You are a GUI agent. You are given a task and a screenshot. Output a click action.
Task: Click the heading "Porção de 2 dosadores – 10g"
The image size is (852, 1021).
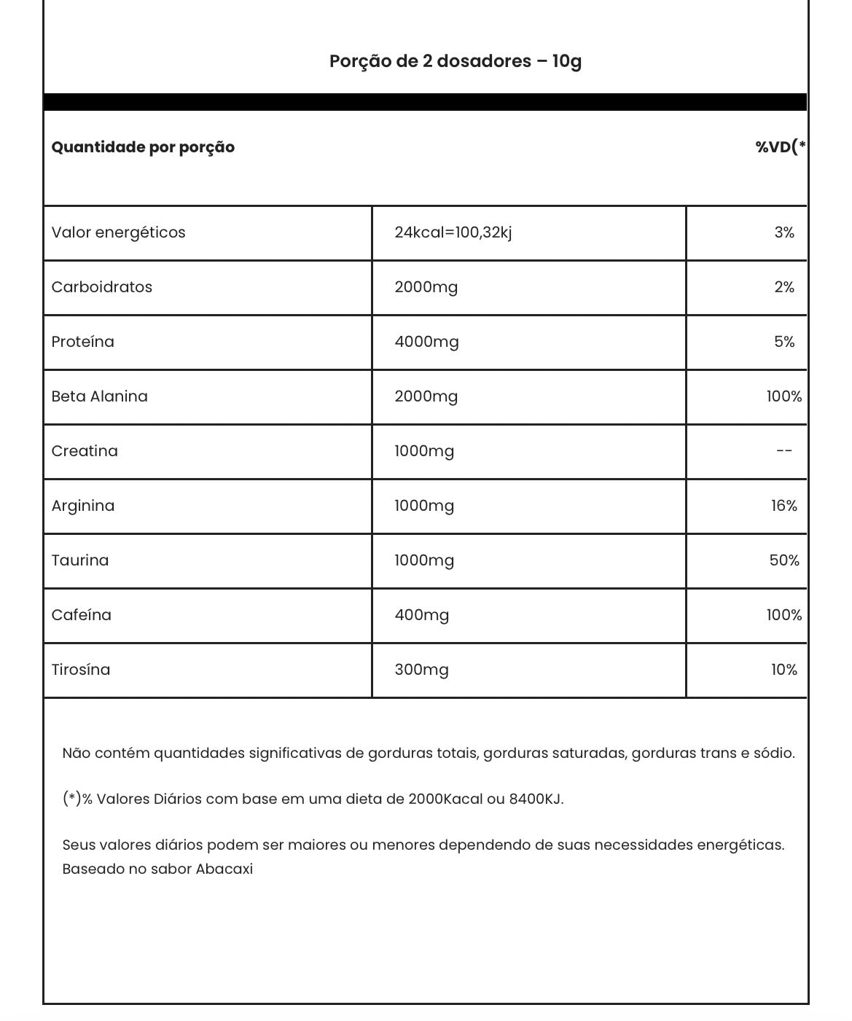tap(455, 61)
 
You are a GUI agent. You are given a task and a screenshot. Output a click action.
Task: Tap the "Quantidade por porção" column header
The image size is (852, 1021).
tap(143, 147)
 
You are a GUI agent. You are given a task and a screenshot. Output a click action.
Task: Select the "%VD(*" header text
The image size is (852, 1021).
tap(780, 147)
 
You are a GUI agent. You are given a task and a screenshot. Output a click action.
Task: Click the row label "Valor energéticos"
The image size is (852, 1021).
tap(118, 232)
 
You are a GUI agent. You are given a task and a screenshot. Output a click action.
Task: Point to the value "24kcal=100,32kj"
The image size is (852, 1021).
tap(453, 232)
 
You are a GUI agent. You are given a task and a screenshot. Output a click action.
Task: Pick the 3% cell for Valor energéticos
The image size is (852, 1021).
tap(784, 232)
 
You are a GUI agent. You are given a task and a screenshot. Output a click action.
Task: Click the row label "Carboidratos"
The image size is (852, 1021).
tap(101, 287)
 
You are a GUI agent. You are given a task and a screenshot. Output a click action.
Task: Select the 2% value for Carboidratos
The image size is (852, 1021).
tap(784, 287)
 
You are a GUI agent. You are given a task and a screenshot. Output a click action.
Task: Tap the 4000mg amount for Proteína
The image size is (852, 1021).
tap(426, 342)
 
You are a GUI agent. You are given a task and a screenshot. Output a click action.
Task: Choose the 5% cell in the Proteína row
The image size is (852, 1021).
tap(784, 342)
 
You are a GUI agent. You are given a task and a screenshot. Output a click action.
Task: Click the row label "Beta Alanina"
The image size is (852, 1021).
tap(99, 396)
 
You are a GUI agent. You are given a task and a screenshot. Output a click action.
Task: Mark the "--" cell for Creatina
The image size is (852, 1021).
tap(784, 451)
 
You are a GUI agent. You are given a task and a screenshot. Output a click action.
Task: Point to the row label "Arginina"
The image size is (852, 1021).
tap(82, 506)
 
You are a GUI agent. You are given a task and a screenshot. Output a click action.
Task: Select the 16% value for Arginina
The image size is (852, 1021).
tap(784, 506)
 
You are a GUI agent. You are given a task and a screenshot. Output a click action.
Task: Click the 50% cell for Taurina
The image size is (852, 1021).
tap(784, 560)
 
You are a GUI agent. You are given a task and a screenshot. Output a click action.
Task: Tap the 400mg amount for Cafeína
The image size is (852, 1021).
tap(421, 615)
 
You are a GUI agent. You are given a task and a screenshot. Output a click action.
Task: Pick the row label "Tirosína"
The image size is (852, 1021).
tap(80, 670)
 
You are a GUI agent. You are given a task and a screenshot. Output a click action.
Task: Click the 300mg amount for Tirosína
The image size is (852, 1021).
tap(421, 670)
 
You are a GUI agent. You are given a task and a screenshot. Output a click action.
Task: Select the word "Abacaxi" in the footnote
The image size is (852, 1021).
tap(224, 869)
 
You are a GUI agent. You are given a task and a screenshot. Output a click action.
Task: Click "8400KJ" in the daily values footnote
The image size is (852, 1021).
tap(536, 799)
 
